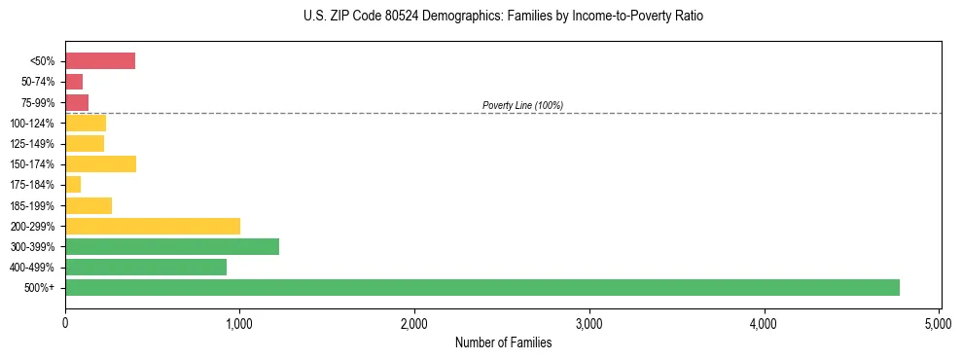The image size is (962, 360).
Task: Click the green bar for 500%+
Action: coord(482,287)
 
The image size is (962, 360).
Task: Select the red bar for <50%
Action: coord(100,61)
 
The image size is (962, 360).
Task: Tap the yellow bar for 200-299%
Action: coord(153,226)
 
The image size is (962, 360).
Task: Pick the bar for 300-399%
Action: coord(172,246)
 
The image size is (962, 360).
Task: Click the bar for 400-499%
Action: coord(146,267)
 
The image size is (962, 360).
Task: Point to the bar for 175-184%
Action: coord(73,184)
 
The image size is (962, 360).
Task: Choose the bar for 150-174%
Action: coord(100,163)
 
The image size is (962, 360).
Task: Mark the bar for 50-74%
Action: coord(74,82)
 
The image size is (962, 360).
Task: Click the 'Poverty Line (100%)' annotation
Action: coord(522,105)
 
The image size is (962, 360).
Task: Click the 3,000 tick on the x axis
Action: coord(589,322)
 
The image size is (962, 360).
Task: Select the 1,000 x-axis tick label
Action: coord(239,322)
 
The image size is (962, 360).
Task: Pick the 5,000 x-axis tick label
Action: coord(939,322)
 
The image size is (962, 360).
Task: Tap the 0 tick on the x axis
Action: coord(65,322)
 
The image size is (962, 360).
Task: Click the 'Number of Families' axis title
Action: coord(503,342)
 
